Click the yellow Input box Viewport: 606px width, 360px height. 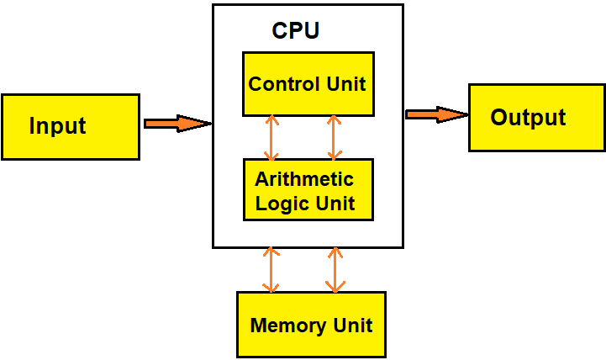(x=71, y=126)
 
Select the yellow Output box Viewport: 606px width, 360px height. (x=536, y=117)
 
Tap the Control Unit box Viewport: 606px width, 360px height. (x=308, y=84)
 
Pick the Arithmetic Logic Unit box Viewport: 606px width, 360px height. (x=308, y=189)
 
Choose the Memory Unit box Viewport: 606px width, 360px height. (x=311, y=325)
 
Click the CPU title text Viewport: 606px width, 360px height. (x=295, y=31)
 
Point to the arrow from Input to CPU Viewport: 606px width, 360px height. (x=177, y=124)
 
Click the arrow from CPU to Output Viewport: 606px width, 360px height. (x=436, y=114)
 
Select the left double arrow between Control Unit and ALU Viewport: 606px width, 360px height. (x=271, y=137)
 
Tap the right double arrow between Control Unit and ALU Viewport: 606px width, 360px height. (x=335, y=137)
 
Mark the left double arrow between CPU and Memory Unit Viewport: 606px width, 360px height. (x=271, y=269)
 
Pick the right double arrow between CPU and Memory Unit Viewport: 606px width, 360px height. (x=335, y=269)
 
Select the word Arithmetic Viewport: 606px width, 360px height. (x=304, y=179)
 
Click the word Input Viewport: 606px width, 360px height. (x=57, y=126)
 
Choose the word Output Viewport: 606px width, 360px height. (x=528, y=117)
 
